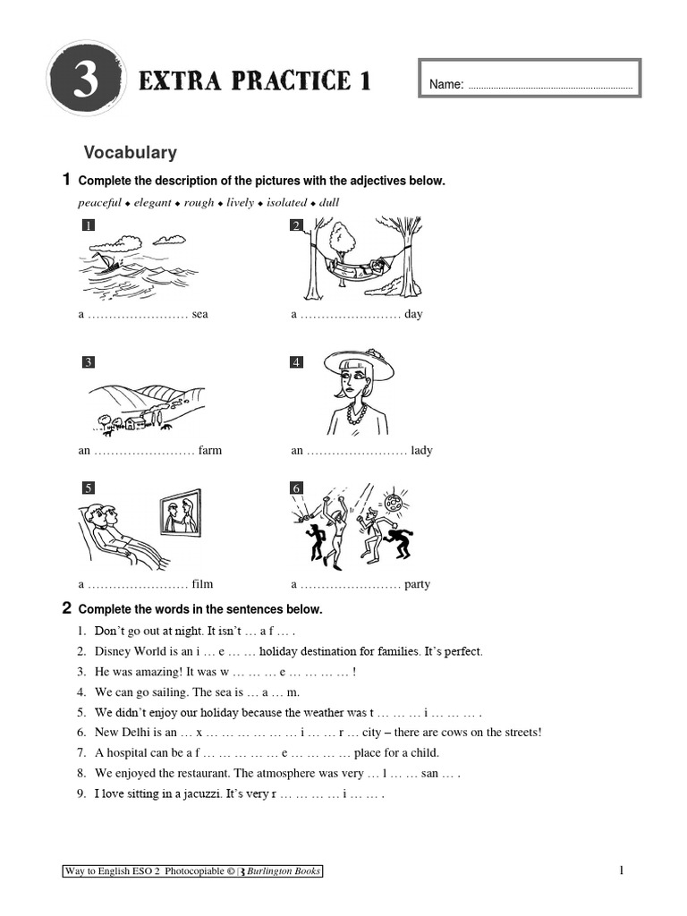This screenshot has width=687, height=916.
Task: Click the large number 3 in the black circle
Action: pos(85,82)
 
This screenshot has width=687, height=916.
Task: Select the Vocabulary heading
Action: pos(130,153)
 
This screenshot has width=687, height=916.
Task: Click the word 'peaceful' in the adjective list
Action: pos(99,203)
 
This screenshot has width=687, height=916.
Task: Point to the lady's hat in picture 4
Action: pos(358,362)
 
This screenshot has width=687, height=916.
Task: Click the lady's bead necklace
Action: pos(357,414)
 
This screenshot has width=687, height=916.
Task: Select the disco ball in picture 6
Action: pos(394,502)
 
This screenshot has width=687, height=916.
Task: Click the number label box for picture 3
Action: pos(88,362)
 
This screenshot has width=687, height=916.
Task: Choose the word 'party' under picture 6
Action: pos(416,585)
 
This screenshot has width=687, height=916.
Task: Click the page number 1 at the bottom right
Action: pos(620,871)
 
